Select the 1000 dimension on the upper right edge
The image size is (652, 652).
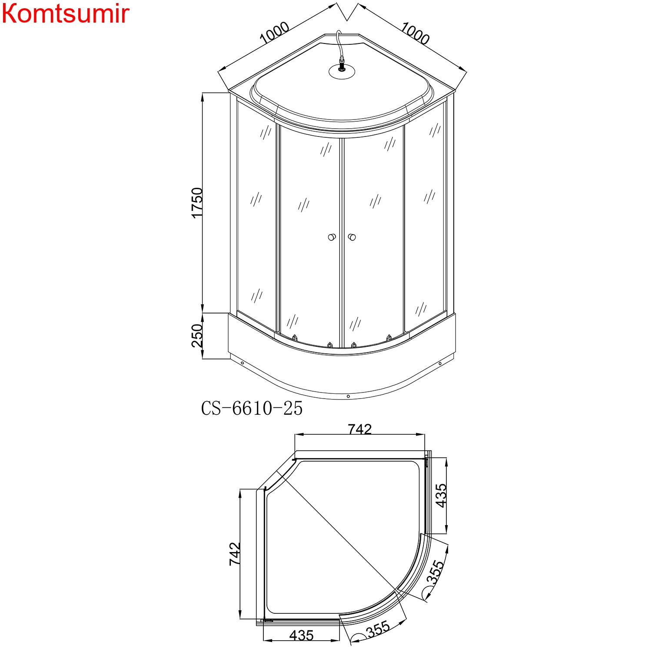coord(415,33)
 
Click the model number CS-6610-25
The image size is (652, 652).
coord(252,409)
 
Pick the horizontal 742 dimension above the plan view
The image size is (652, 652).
coord(360,429)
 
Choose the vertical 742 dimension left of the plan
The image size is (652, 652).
coord(235,553)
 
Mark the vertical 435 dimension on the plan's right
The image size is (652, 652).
coord(441,496)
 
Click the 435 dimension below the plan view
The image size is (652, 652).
coord(301,635)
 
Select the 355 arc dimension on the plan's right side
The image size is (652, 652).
coord(435,572)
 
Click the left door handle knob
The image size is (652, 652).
coord(332,237)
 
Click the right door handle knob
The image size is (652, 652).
coord(352,237)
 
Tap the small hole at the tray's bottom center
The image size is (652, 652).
coord(348,396)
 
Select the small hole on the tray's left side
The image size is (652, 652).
coord(243,363)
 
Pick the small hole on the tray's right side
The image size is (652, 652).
coord(440,363)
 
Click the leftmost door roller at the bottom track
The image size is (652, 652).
coord(295,337)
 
